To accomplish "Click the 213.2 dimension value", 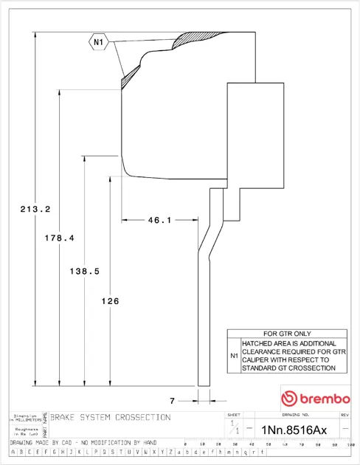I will (35, 210).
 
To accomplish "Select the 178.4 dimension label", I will (60, 238).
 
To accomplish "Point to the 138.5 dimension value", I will (84, 271).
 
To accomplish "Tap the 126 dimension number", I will (109, 300).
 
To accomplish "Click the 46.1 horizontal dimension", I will (159, 219).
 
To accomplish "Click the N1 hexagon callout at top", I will (99, 43).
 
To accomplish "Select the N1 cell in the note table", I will (234, 355).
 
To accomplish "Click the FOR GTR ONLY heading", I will (287, 334).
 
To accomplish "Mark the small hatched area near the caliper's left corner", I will (130, 72).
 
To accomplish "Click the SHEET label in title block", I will (234, 416).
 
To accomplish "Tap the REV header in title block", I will (345, 416).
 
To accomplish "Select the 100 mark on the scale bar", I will (352, 444).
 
